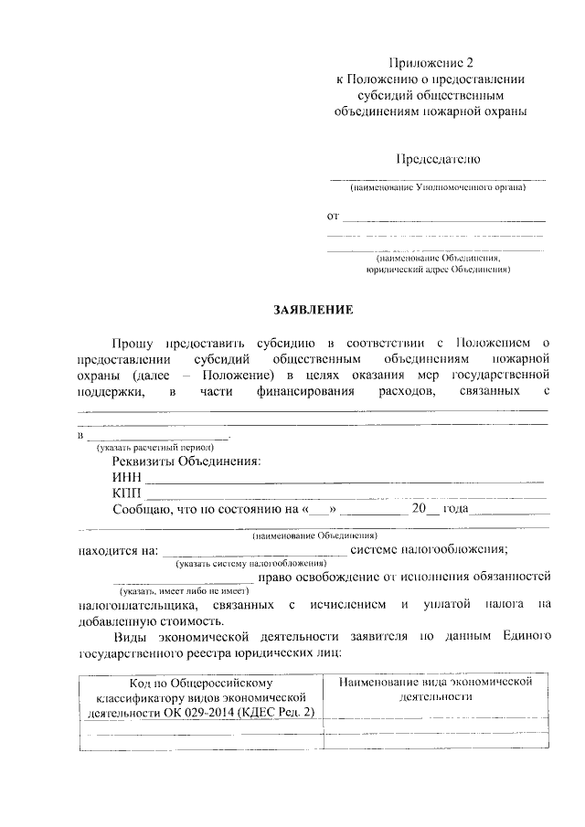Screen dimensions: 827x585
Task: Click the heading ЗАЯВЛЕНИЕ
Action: pos(316,310)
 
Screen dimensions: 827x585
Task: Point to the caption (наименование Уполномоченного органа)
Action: pos(437,187)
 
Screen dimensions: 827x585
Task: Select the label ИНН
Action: pos(126,477)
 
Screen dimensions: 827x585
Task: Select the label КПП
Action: pos(127,493)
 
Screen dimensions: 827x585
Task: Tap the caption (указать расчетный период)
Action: pos(155,447)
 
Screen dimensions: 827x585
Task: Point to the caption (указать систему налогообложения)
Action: pos(246,563)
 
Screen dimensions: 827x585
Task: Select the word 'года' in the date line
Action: pos(455,510)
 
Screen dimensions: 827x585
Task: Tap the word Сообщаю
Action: pos(142,510)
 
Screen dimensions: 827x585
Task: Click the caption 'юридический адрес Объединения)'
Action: pos(437,270)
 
